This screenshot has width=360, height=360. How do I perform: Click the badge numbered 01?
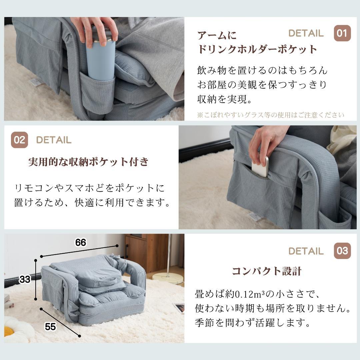(342, 33)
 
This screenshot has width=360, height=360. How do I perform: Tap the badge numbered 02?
(19, 140)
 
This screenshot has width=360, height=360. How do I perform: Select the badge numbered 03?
(342, 251)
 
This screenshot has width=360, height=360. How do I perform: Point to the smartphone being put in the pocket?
(260, 166)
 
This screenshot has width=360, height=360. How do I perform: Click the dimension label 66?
(81, 243)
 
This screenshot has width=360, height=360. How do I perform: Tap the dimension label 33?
(25, 280)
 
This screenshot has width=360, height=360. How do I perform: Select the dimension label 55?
(50, 327)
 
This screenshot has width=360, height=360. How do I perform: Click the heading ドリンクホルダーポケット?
(257, 49)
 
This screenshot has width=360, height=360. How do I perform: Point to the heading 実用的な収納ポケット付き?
(88, 162)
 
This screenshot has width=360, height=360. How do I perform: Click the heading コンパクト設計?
(266, 271)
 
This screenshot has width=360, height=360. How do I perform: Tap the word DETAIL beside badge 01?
(306, 33)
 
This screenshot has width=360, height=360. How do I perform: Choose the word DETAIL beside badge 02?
(54, 140)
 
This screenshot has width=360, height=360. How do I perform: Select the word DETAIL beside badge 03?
(306, 251)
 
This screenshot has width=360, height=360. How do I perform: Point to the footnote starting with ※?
(270, 115)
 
